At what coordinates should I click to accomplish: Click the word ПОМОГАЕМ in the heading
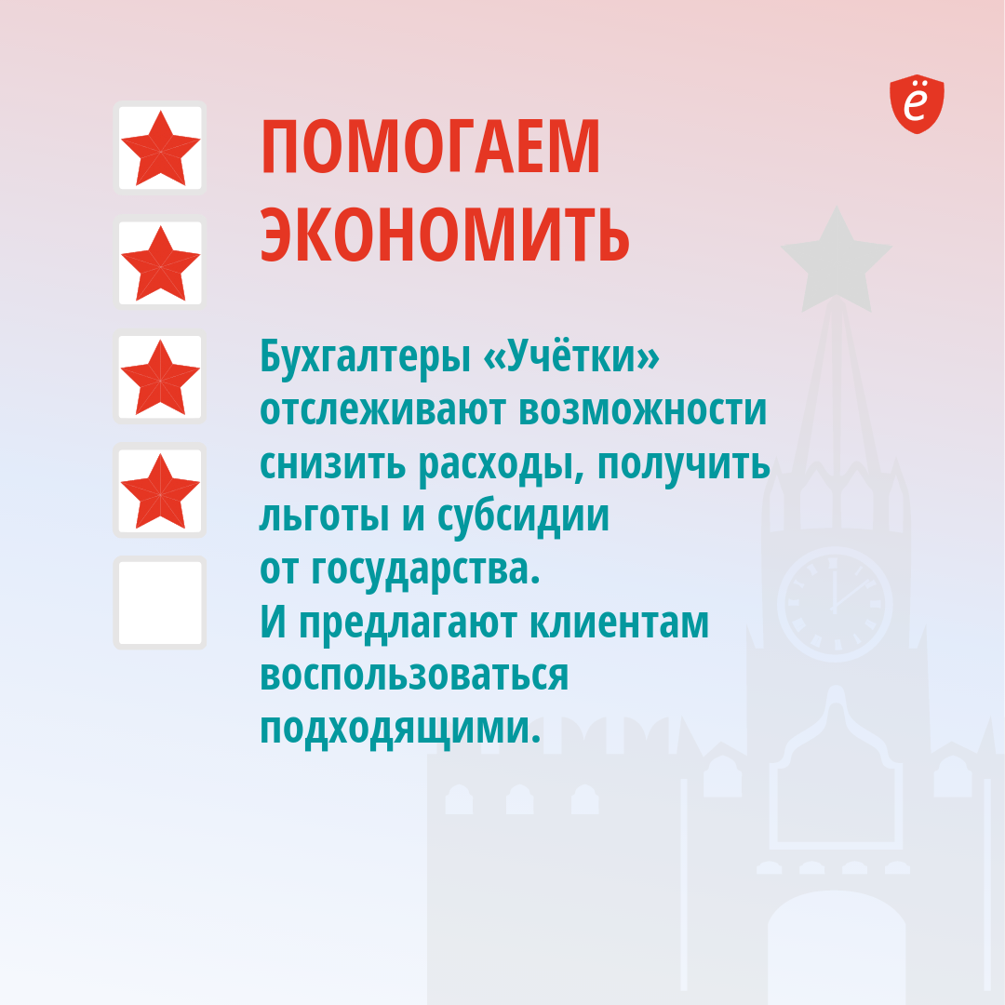430,146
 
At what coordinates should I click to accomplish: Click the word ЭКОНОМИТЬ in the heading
445,234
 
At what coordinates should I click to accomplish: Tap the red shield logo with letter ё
917,104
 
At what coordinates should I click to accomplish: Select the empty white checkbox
160,602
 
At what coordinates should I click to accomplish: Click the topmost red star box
160,147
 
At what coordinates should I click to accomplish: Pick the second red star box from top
160,262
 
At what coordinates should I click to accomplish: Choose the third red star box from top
160,376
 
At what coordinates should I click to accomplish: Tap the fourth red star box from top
160,490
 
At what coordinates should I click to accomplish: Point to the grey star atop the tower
836,260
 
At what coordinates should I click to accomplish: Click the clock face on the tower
835,605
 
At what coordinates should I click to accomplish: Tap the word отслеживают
382,409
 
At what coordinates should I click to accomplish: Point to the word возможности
642,411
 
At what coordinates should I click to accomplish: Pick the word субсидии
523,516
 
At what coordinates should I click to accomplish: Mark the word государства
425,569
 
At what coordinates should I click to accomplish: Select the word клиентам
620,623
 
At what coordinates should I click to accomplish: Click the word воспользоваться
414,677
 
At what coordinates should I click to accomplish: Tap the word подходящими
400,730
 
